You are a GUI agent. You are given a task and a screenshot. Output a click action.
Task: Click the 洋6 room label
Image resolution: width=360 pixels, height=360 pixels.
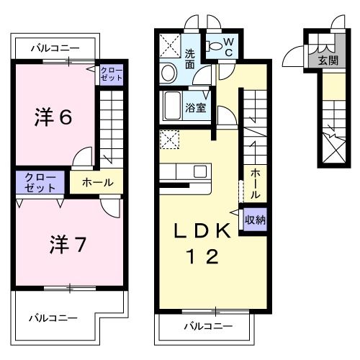pyautogui.click(x=53, y=117)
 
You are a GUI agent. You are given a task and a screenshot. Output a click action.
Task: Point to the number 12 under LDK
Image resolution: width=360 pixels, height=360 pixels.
pyautogui.click(x=204, y=256)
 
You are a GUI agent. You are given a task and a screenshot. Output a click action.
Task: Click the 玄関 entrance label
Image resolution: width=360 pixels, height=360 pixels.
pyautogui.click(x=328, y=60)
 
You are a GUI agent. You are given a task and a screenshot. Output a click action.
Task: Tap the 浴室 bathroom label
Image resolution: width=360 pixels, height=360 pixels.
pyautogui.click(x=196, y=109)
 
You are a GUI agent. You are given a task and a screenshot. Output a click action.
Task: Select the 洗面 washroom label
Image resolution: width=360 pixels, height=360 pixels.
pyautogui.click(x=189, y=58)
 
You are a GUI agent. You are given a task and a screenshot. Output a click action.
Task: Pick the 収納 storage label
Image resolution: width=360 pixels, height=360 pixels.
pyautogui.click(x=255, y=220)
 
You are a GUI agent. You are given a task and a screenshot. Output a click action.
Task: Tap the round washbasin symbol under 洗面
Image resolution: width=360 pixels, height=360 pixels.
pyautogui.click(x=169, y=73)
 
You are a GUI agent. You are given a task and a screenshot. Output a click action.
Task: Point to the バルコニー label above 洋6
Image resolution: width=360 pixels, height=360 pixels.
pyautogui.click(x=55, y=48)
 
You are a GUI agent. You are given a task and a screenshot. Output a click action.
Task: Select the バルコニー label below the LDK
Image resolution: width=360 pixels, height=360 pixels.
pyautogui.click(x=207, y=325)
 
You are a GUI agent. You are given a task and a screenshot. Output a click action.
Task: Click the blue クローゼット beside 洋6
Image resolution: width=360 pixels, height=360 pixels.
pyautogui.click(x=111, y=74)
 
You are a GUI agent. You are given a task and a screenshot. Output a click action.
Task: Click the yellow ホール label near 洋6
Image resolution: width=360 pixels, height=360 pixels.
pyautogui.click(x=96, y=182)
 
